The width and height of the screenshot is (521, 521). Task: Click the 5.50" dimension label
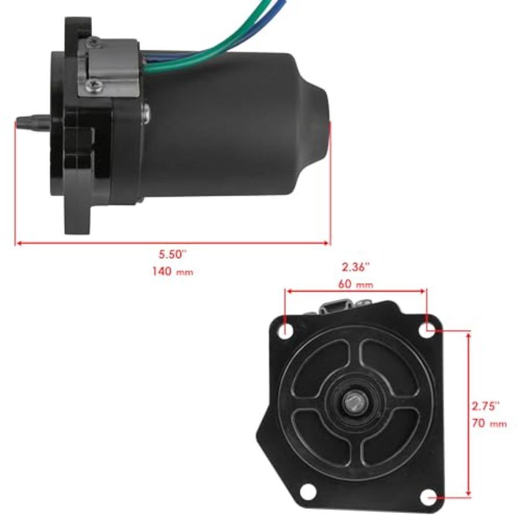(x=173, y=254)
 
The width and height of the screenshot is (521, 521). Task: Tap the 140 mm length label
(x=173, y=271)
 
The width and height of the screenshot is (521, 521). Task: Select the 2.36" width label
(x=356, y=267)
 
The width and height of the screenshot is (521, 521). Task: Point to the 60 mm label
(x=356, y=284)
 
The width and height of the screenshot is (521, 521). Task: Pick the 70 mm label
(x=489, y=423)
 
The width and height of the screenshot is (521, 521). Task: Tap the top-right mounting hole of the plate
(x=429, y=329)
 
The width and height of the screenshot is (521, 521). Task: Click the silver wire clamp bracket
(x=110, y=67)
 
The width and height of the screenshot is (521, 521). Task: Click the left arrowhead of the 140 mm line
(x=19, y=243)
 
